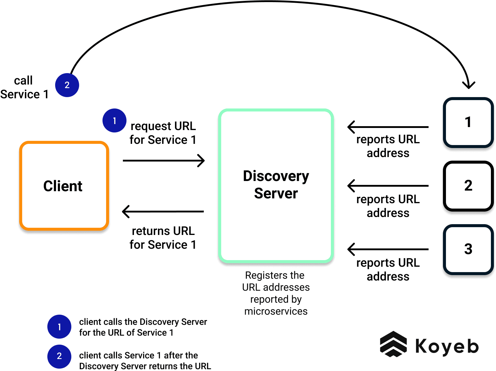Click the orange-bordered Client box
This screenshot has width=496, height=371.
click(x=64, y=186)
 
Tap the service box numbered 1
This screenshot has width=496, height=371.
click(x=468, y=123)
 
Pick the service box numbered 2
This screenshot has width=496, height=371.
click(x=468, y=186)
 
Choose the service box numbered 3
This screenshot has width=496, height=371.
click(x=468, y=249)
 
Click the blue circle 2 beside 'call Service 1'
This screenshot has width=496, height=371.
click(x=67, y=85)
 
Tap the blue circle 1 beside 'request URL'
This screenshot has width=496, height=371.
click(x=114, y=120)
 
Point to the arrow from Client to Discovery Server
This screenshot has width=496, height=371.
click(x=163, y=161)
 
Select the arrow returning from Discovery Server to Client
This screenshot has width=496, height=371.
click(x=163, y=212)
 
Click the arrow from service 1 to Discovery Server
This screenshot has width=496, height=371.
click(x=388, y=127)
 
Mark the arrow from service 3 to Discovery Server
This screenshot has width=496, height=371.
click(x=388, y=249)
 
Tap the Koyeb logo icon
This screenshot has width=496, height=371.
click(x=393, y=344)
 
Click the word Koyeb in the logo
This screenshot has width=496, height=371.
click(x=447, y=346)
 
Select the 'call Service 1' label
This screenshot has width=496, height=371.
click(x=24, y=88)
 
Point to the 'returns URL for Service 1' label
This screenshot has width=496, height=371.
click(x=163, y=238)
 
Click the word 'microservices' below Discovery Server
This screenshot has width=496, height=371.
click(x=276, y=311)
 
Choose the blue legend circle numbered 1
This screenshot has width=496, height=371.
click(x=59, y=327)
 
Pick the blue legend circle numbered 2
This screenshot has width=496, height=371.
click(x=59, y=356)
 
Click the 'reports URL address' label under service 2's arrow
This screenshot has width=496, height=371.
click(x=388, y=206)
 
